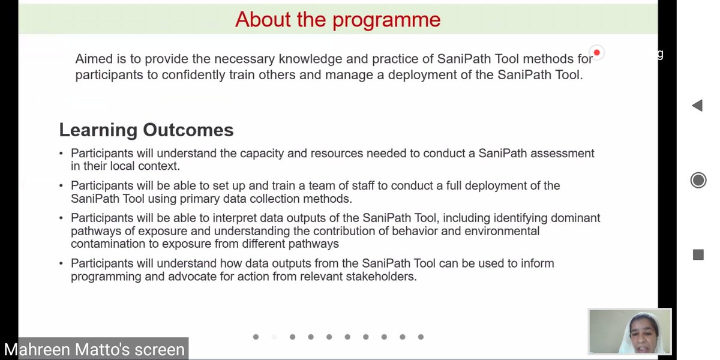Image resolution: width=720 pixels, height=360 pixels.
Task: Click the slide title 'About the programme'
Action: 338,20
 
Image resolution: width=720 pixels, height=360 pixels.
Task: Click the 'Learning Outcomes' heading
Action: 146,130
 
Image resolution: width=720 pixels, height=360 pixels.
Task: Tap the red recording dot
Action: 596,53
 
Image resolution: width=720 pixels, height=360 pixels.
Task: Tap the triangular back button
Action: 697,106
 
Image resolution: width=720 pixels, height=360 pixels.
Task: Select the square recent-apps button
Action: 698,255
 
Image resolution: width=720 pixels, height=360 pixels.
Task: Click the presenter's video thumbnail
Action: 629,332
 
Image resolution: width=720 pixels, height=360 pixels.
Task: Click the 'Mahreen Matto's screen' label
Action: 95,349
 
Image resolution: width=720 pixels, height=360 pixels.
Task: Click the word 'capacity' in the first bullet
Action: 262,153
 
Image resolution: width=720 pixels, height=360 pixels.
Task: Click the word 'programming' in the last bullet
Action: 102,277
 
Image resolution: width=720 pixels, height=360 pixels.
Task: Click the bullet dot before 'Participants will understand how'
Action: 62,263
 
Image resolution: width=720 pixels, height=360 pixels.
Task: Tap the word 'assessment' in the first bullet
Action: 565,153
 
